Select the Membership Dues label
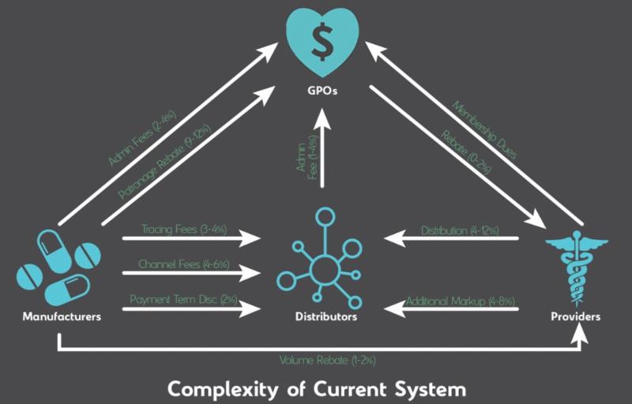click(485, 130)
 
